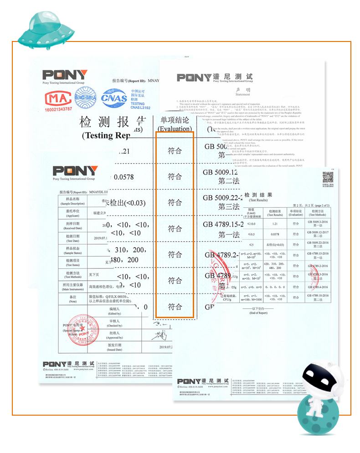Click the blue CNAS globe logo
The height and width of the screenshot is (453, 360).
coord(114,98)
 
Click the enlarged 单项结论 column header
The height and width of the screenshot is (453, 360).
coord(175,124)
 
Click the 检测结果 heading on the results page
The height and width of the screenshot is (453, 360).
coord(258,195)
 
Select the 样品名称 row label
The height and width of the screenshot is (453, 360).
coord(76,201)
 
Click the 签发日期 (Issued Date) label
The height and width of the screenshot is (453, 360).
coord(114,348)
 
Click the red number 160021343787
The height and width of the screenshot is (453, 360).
coord(58,109)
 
